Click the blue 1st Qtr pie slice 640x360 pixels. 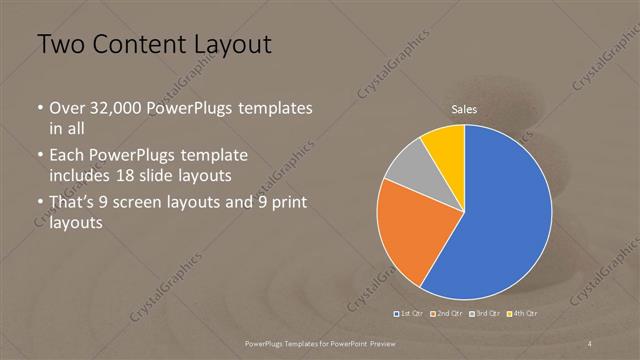(x=505, y=215)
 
